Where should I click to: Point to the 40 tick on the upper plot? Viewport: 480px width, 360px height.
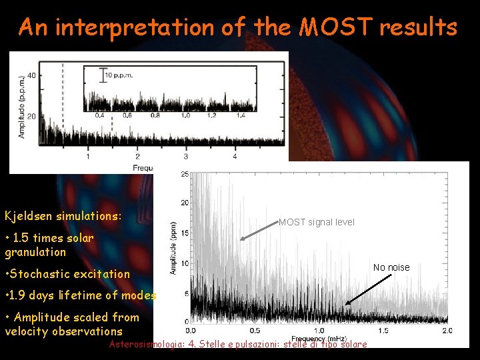coord(32,75)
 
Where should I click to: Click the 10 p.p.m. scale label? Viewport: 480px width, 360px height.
coord(120,75)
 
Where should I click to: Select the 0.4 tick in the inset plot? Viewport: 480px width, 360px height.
coord(99,115)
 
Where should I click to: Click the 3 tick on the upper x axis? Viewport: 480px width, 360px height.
coord(185,157)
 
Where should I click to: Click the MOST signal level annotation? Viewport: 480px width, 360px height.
coord(317,222)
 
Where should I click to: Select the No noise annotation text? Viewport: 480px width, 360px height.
coord(391,267)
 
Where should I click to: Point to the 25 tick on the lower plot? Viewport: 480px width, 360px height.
coord(184,174)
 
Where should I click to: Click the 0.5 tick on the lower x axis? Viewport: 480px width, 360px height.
coord(255,331)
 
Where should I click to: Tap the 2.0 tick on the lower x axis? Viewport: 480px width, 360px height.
coord(446,331)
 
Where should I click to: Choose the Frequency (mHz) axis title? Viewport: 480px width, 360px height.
coord(318,339)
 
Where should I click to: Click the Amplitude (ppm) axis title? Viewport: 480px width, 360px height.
coord(173,248)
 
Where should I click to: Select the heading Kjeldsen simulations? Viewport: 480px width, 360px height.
coord(63,216)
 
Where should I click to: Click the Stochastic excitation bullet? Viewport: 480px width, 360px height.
coord(67,273)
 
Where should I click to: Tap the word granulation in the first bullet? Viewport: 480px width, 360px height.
coord(35,252)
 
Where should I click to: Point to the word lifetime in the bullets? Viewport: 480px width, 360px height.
coord(83,295)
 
